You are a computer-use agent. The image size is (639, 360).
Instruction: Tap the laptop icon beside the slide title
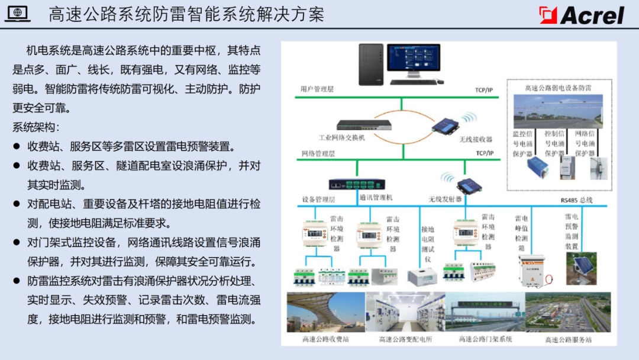pos(17,14)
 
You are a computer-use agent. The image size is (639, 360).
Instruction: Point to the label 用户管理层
pos(317,89)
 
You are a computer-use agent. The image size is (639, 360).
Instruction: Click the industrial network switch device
pos(364,125)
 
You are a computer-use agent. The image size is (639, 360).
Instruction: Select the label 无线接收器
pos(476,139)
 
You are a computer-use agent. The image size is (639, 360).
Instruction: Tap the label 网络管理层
pos(317,153)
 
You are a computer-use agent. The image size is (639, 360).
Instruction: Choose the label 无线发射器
pos(445,199)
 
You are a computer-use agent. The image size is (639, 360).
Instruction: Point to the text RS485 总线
pos(576,200)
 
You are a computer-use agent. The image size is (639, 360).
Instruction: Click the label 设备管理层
pos(318,199)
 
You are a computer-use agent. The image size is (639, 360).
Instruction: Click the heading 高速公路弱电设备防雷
pos(558,88)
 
